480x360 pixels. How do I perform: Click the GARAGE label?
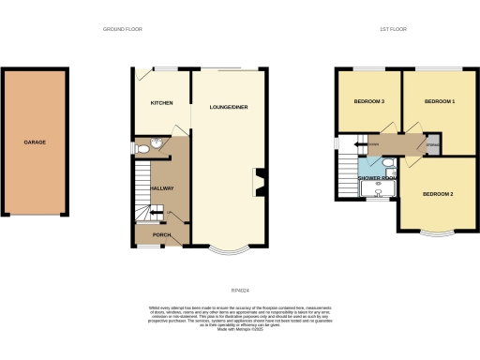[35, 142]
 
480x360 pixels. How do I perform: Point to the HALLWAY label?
[150, 188]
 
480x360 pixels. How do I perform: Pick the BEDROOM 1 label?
[439, 100]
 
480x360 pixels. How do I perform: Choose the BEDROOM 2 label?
[438, 193]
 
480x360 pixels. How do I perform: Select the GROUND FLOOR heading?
[123, 30]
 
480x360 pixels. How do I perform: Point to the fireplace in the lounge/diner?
[259, 182]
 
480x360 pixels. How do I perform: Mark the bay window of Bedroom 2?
[438, 232]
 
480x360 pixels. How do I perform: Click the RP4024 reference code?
[240, 275]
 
